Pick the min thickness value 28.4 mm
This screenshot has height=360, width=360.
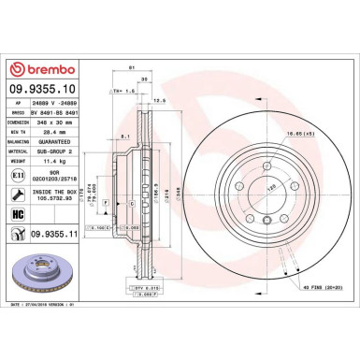coord(48,131)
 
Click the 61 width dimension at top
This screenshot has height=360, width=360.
coord(133,69)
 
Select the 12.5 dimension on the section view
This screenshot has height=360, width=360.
coord(160,100)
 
